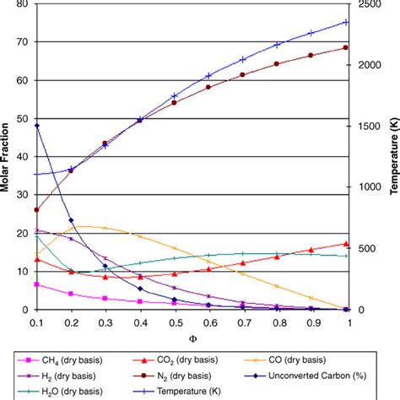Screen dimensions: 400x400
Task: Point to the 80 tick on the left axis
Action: click(22, 4)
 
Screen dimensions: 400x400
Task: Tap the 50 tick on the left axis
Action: click(22, 119)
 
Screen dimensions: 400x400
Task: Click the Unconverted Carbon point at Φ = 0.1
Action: click(36, 126)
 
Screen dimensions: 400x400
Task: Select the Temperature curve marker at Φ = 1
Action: click(345, 22)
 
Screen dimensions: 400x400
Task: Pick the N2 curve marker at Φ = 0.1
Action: click(36, 210)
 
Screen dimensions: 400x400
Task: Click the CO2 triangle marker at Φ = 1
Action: click(345, 244)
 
